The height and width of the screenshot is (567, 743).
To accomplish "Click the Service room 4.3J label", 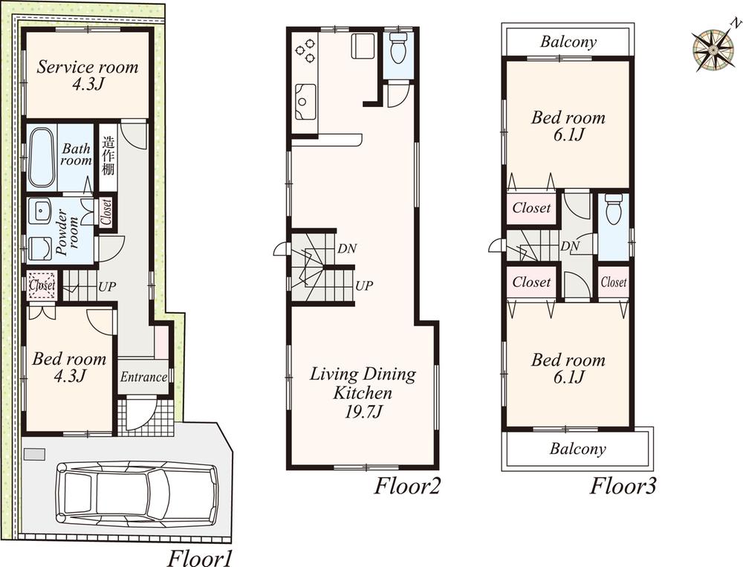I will pyautogui.click(x=88, y=75).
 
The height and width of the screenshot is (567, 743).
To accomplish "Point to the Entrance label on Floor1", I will pyautogui.click(x=143, y=377).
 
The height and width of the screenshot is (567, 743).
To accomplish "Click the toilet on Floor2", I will pyautogui.click(x=398, y=50).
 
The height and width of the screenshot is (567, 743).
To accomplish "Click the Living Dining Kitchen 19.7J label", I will pyautogui.click(x=363, y=393).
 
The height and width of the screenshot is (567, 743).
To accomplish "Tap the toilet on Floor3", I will pyautogui.click(x=614, y=211).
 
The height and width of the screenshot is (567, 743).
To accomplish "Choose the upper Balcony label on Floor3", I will pyautogui.click(x=568, y=42).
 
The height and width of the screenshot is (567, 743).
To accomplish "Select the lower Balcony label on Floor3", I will pyautogui.click(x=578, y=449).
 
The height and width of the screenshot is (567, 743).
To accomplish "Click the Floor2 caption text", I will pyautogui.click(x=407, y=487).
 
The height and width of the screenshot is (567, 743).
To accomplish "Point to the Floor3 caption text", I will pyautogui.click(x=623, y=487).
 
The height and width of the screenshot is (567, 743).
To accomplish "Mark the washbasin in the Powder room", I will pyautogui.click(x=39, y=212).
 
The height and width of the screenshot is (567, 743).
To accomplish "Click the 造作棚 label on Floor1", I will pyautogui.click(x=108, y=155).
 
